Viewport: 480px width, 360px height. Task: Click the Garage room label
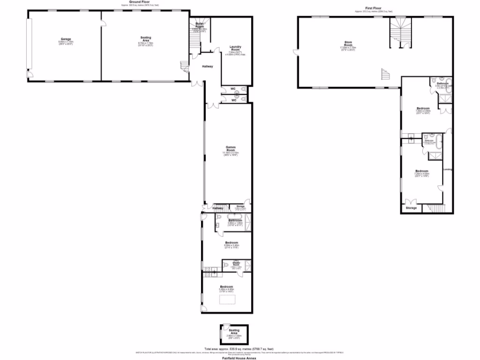[x=62, y=38]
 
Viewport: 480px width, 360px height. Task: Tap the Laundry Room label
[x=235, y=46]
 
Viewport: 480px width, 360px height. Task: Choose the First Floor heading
[x=374, y=8]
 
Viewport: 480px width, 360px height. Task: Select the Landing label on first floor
[x=447, y=169]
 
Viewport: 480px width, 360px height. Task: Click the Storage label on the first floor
[x=411, y=208]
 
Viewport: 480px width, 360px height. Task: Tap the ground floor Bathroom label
[x=235, y=220]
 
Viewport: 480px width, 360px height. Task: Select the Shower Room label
[x=236, y=264]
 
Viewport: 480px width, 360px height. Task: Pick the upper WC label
[x=233, y=89]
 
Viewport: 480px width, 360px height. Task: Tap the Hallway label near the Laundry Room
[x=207, y=67]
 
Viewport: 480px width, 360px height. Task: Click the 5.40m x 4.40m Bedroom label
[x=226, y=287]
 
